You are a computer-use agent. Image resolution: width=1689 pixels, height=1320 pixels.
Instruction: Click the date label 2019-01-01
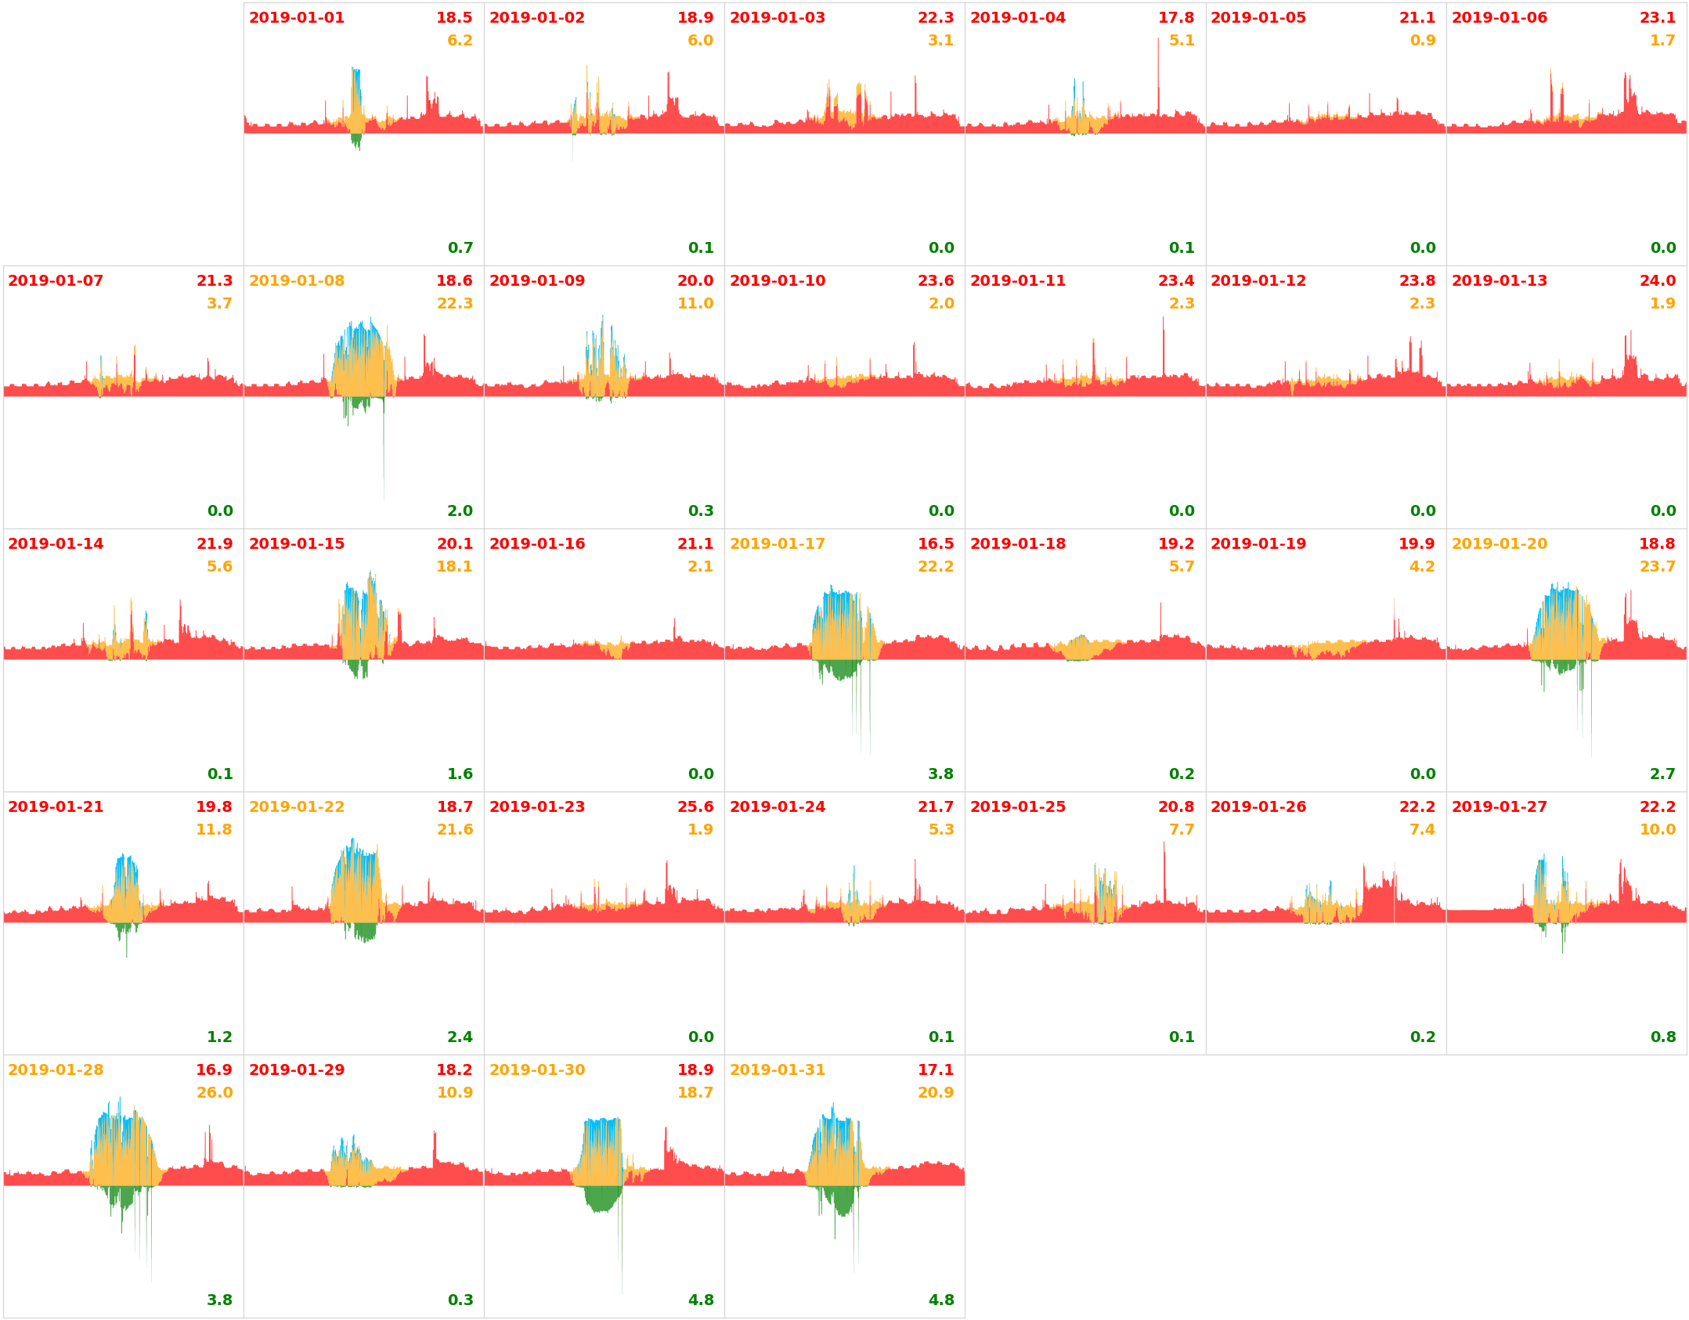[296, 17]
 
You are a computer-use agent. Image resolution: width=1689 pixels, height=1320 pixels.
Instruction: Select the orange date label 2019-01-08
[296, 280]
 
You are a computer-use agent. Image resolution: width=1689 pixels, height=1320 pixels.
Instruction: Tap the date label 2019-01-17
[777, 543]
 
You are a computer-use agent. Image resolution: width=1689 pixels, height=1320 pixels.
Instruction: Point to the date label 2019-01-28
[56, 1069]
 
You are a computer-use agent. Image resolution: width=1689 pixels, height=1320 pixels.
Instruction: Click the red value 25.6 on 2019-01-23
[695, 806]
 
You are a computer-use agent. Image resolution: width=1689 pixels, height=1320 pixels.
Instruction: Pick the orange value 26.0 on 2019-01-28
[214, 1092]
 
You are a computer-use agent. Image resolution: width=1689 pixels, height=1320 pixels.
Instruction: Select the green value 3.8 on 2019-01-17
[940, 774]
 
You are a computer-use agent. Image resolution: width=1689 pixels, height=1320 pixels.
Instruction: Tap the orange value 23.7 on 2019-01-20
[1657, 566]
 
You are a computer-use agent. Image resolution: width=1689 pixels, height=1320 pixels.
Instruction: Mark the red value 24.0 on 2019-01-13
[1657, 280]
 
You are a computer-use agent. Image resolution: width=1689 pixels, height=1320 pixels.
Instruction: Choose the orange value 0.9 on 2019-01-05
[1422, 40]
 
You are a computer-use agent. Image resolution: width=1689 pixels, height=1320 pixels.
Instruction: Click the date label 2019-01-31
[777, 1069]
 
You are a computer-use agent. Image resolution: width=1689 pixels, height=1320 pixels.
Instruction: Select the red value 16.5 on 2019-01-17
[935, 543]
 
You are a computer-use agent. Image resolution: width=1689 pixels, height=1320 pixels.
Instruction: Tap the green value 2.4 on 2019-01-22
[460, 1037]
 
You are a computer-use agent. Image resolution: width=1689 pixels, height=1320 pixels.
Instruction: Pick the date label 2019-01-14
[56, 543]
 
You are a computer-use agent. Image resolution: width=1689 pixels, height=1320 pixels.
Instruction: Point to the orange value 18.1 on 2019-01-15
[454, 566]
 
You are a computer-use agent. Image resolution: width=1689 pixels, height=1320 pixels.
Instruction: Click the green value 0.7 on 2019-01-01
[460, 247]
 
